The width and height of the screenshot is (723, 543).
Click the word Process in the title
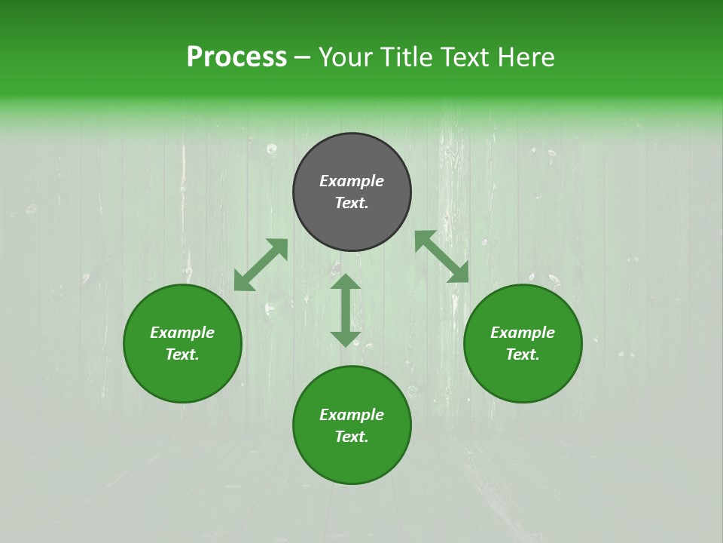click(236, 57)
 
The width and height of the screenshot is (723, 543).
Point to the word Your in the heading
click(346, 57)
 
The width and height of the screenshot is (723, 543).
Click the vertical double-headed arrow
click(346, 310)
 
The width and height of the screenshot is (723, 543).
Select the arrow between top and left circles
click(261, 265)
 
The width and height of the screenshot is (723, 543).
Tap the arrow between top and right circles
click(441, 256)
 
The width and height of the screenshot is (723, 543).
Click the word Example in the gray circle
click(352, 181)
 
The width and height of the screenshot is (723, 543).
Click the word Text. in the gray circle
click(352, 203)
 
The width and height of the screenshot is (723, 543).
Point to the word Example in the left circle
click(182, 333)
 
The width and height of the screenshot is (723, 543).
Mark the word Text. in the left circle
click(182, 354)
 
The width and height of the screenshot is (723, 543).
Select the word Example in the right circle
click(523, 333)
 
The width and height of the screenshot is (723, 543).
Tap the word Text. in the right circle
click(523, 354)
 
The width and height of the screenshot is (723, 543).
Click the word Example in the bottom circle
click(352, 415)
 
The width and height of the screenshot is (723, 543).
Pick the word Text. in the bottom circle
click(352, 437)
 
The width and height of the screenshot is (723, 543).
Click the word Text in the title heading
click(461, 57)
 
